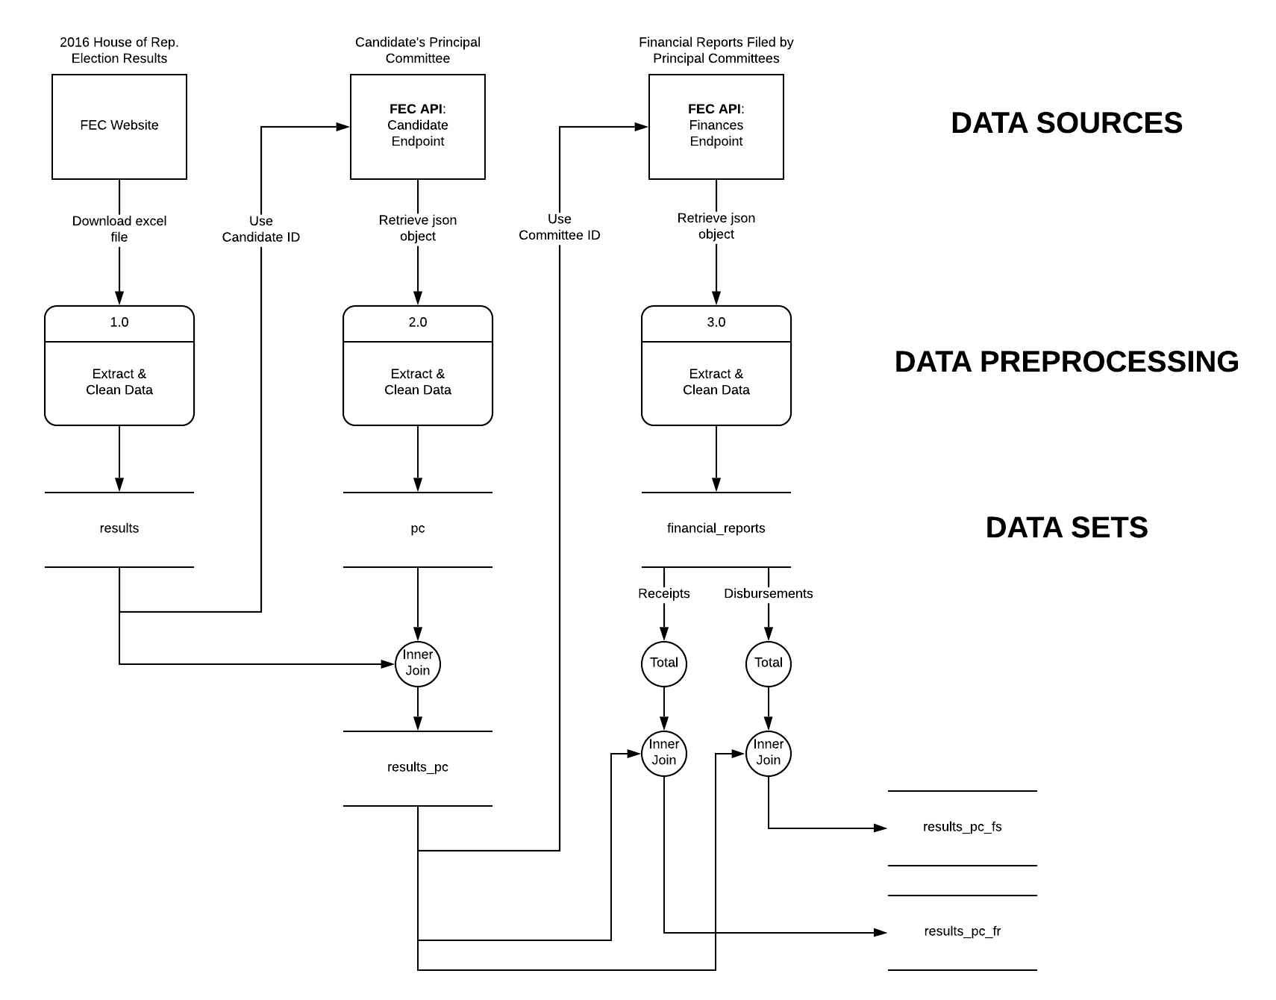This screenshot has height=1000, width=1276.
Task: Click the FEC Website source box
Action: (119, 126)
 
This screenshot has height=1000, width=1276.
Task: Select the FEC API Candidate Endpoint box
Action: (418, 126)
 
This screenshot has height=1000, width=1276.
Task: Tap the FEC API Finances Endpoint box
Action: (716, 126)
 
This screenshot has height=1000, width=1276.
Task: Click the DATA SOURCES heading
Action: (1066, 123)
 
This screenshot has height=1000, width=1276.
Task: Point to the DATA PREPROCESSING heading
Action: (1066, 362)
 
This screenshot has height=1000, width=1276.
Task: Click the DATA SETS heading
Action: (1066, 528)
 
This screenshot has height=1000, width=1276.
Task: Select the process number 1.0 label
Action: (119, 322)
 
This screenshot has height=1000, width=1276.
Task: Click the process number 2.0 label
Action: (418, 322)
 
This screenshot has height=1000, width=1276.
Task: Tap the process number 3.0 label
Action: (716, 322)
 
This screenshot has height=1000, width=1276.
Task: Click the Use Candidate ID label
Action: (261, 229)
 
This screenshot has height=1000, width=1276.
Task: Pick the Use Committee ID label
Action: (560, 227)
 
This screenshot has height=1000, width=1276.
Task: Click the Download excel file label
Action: (119, 229)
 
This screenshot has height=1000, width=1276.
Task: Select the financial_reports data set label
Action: (716, 528)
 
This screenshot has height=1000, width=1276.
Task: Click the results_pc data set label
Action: (418, 767)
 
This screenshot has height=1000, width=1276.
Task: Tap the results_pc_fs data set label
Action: (963, 827)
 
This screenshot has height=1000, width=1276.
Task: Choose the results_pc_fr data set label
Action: (963, 931)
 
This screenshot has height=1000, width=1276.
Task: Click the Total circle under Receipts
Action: (664, 663)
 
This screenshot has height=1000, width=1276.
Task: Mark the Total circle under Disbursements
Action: (769, 663)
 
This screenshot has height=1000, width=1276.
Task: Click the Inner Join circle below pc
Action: (418, 663)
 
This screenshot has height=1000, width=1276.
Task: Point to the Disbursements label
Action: (769, 594)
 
